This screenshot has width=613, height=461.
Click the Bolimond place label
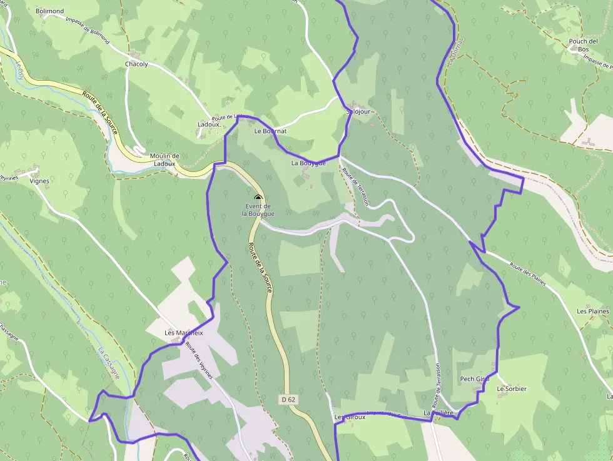[50, 11]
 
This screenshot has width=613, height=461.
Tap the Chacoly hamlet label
[137, 64]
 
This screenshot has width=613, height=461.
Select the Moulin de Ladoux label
[165, 160]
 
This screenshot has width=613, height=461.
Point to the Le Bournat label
[270, 131]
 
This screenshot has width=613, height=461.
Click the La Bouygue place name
[308, 163]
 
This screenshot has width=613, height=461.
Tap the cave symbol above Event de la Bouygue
[258, 198]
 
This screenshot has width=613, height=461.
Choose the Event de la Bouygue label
[258, 210]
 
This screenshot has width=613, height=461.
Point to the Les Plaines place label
[592, 311]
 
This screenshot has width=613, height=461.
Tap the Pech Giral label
[474, 379]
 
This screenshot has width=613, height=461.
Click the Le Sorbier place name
[512, 389]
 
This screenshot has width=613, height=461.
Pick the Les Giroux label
[350, 417]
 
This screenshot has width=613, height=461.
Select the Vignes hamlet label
[39, 181]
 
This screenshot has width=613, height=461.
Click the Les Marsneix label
[184, 333]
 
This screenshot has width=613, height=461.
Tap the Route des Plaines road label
[527, 275]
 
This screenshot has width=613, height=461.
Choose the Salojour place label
[358, 112]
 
